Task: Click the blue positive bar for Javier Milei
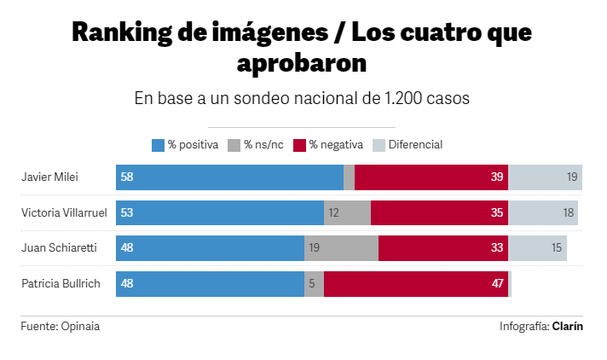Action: click(x=230, y=177)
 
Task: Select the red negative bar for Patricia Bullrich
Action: click(x=416, y=283)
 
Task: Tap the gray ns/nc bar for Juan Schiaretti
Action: click(x=341, y=248)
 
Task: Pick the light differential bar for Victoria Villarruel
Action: click(x=543, y=213)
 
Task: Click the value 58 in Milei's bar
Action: click(x=128, y=177)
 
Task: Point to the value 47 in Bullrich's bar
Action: click(x=498, y=283)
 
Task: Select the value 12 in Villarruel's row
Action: click(x=333, y=213)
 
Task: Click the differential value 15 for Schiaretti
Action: click(x=556, y=248)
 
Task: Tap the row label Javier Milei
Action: click(x=49, y=177)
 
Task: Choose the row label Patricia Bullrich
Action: click(x=57, y=283)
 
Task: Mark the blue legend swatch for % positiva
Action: click(x=158, y=145)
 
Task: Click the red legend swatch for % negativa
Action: click(x=299, y=145)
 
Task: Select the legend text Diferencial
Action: click(x=415, y=145)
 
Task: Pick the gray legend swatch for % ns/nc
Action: click(x=234, y=145)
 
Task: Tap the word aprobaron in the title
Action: click(x=302, y=63)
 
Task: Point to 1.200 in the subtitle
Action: click(x=405, y=98)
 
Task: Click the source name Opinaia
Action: click(x=86, y=326)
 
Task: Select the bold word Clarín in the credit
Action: click(x=568, y=326)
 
